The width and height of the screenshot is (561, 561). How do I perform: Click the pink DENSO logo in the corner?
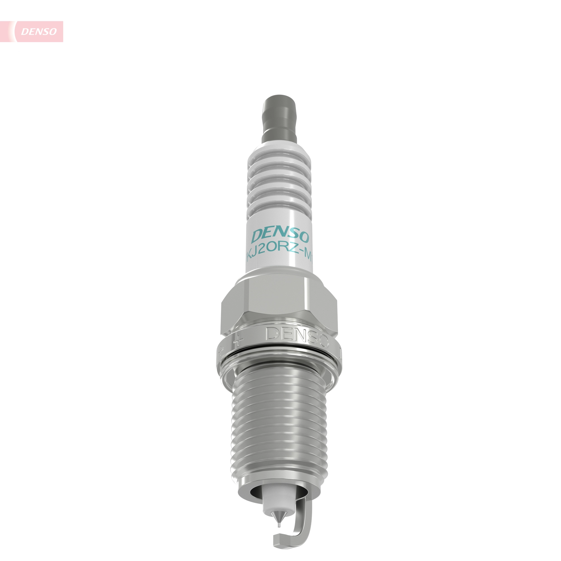click(x=39, y=31)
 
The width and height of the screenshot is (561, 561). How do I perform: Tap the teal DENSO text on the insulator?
click(x=280, y=236)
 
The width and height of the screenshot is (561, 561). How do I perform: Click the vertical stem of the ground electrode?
click(x=300, y=520)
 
